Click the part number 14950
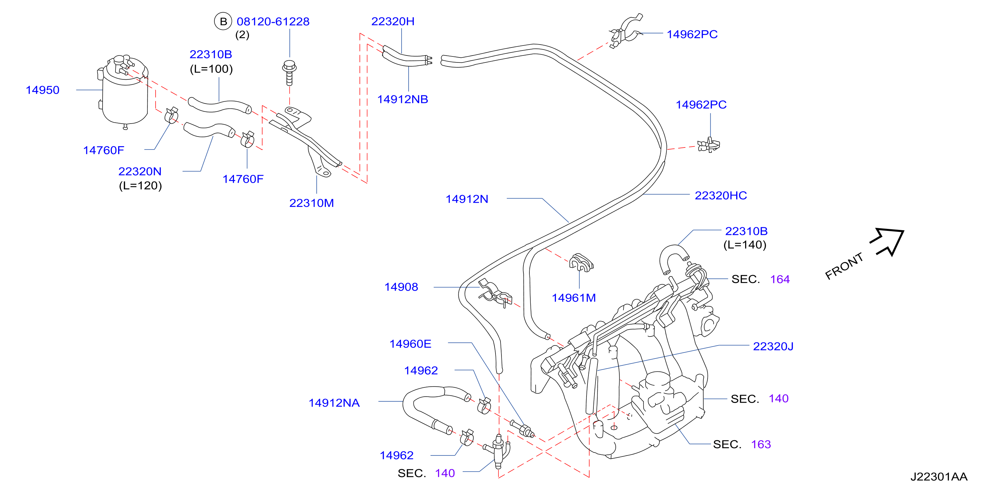[42, 90]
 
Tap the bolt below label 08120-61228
[289, 73]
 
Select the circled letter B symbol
[223, 22]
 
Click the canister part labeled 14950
[123, 92]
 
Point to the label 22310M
[311, 203]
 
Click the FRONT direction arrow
[887, 241]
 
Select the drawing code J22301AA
[939, 477]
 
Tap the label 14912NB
[403, 99]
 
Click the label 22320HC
[721, 195]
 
